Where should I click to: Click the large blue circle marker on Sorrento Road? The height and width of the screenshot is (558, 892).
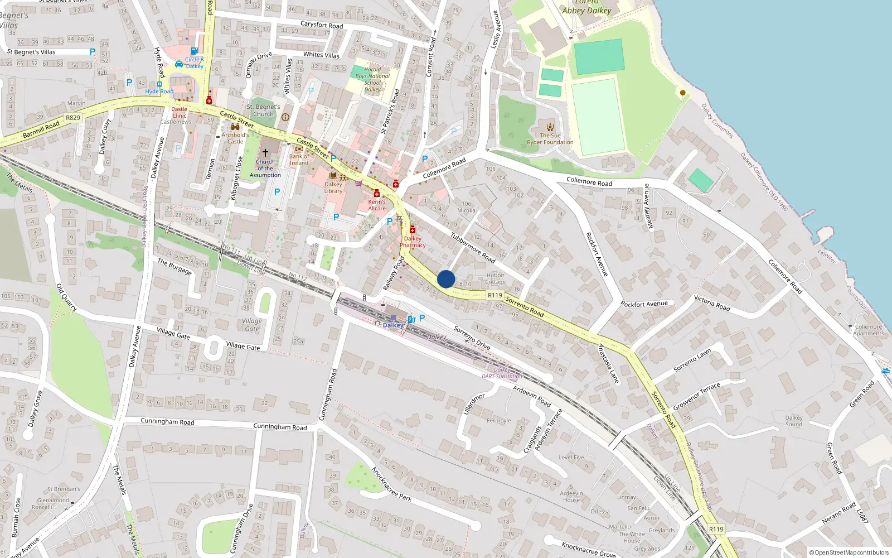point(445,279)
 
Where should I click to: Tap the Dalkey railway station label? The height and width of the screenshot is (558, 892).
point(393,325)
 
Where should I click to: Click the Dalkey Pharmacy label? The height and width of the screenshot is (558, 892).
point(413,242)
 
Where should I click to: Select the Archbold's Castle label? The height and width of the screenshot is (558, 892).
point(235,138)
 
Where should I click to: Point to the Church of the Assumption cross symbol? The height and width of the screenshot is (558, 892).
point(265,152)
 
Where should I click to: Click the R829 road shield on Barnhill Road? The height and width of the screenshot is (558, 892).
point(73,118)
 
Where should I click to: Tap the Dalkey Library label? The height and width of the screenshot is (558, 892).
point(333,187)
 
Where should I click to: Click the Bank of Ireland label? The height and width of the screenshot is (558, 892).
point(299,160)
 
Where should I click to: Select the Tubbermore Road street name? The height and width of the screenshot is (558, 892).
point(473,248)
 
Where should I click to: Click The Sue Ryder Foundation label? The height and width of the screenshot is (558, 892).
point(550,139)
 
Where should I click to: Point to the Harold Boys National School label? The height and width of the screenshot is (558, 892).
point(372,79)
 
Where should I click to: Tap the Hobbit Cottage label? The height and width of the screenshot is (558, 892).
point(495,278)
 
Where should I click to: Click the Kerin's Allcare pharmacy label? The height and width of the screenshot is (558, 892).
point(377,205)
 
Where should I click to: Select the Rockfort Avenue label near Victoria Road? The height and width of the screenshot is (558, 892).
point(644,304)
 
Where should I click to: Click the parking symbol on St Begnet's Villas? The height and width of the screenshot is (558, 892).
point(93,52)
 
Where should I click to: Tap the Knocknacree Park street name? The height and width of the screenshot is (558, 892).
point(391,484)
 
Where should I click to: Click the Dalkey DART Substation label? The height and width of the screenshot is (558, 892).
point(502,373)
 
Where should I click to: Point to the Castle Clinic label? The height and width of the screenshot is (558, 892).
point(180,112)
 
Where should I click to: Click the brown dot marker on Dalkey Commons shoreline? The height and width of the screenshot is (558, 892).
point(682,93)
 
